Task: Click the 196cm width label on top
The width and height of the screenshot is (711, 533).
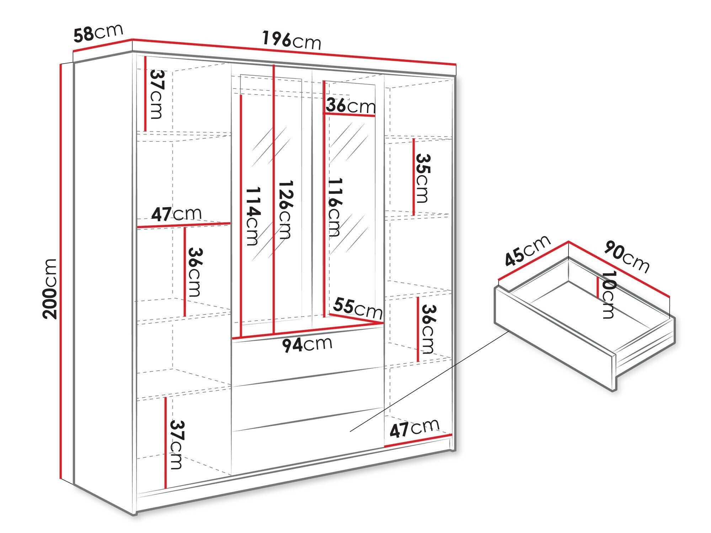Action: (292, 40)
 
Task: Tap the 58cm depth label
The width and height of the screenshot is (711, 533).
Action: (98, 33)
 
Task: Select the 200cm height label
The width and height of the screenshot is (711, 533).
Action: (49, 289)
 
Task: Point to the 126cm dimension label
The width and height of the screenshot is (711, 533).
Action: (285, 210)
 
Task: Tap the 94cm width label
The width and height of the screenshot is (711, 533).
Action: (307, 344)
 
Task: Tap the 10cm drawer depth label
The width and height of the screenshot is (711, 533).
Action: (608, 295)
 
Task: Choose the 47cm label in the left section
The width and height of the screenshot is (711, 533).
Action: (176, 214)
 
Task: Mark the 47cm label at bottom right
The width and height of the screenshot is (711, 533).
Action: (415, 428)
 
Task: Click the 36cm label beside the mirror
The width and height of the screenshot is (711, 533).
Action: (351, 106)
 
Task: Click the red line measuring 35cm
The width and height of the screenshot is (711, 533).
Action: (414, 177)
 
